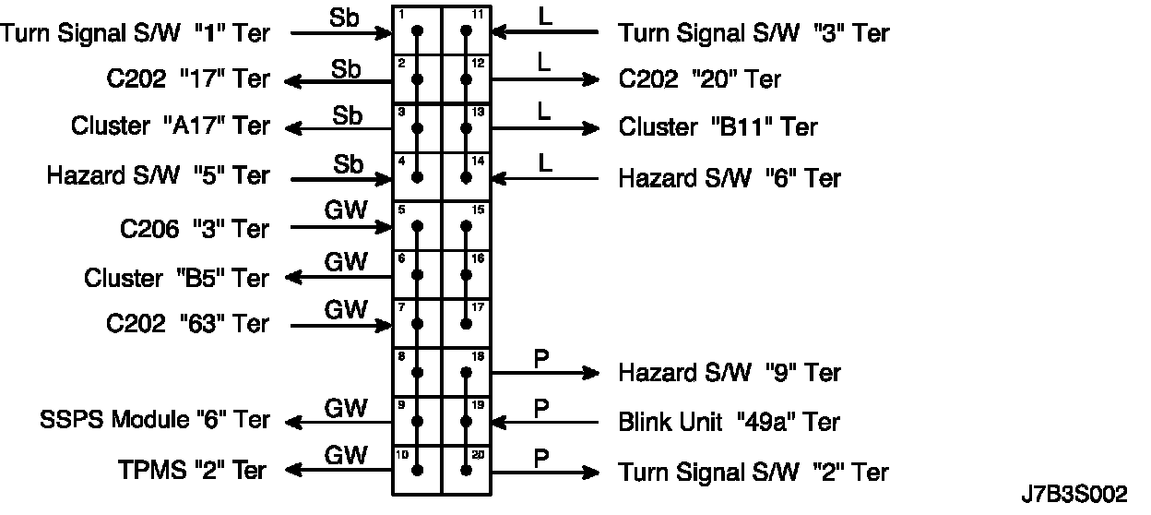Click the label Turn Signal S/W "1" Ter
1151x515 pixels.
[x=136, y=34]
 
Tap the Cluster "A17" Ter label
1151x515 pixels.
[x=170, y=126]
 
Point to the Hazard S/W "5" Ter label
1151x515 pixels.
[x=158, y=175]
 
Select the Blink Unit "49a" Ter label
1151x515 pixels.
[x=729, y=423]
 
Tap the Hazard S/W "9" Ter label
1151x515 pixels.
[x=729, y=373]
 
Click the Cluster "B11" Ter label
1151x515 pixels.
[x=718, y=126]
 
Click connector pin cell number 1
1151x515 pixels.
[x=418, y=30]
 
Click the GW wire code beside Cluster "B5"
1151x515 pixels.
[x=346, y=261]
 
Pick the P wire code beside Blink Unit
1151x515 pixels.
[x=541, y=406]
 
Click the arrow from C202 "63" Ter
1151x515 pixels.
[x=341, y=325]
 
